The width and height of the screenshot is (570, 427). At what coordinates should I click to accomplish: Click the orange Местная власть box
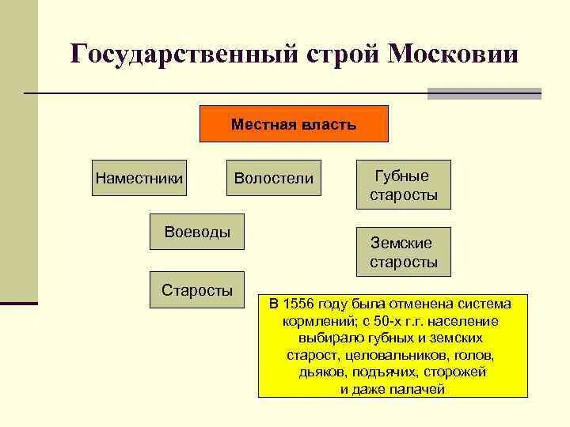click(294, 124)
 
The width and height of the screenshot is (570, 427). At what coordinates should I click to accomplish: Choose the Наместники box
click(139, 179)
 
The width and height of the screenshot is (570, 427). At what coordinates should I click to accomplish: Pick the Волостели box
click(274, 179)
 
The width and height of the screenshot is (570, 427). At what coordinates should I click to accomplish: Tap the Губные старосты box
click(403, 185)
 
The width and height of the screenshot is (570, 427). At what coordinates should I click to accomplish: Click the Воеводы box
click(197, 232)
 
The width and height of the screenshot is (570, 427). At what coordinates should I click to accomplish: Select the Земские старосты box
click(403, 252)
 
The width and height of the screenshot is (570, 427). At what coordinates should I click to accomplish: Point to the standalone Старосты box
click(197, 290)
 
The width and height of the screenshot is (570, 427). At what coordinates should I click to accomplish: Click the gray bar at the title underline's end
click(484, 93)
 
